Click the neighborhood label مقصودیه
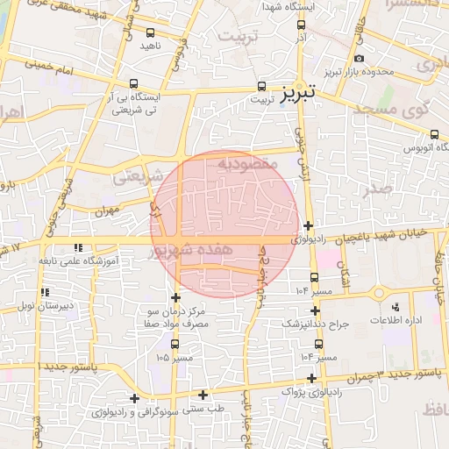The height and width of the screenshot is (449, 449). point(247,163)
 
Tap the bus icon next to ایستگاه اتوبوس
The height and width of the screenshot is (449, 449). point(435,134)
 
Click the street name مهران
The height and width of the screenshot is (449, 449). point(108,210)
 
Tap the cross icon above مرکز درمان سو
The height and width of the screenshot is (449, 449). point(176,298)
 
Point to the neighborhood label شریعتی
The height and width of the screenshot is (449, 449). point(138,175)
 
